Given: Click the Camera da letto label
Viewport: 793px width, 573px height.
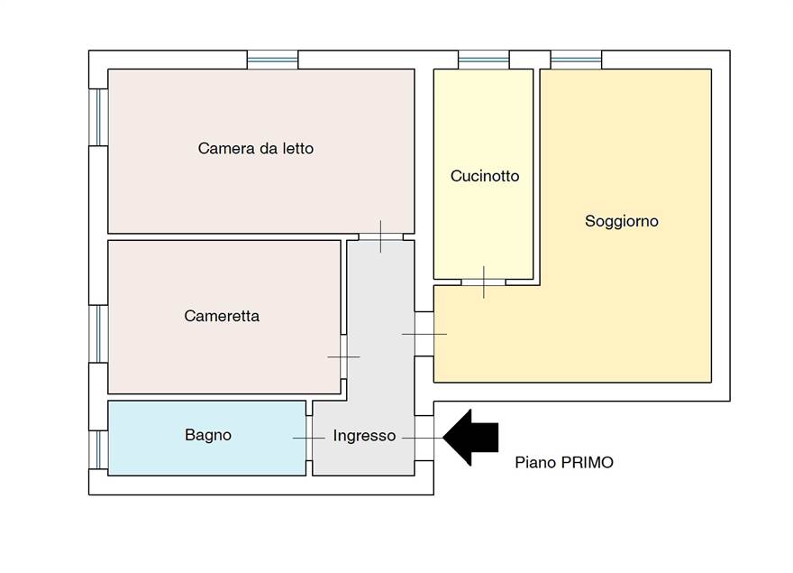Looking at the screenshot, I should point(256,148).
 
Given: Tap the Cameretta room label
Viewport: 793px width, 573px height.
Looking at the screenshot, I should point(222,316).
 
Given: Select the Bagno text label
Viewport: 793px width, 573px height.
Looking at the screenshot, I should point(208,435).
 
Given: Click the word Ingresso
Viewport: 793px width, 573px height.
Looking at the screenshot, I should point(364,436).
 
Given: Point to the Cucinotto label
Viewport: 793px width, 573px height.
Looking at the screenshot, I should point(485,176).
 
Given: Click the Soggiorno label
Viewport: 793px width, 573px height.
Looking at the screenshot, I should point(621,221).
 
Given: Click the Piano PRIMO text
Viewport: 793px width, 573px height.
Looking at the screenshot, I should point(564,462).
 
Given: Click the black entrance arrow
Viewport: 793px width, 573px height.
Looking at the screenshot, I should point(471,438).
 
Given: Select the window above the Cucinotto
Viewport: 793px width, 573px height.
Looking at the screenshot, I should point(484,60).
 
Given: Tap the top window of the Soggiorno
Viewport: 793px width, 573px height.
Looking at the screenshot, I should point(576,60).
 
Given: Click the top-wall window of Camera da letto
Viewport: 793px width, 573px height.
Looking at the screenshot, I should point(272,60).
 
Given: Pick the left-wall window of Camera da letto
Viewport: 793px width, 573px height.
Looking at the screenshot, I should point(98,116).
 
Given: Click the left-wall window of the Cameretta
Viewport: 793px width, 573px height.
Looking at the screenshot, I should point(98,334).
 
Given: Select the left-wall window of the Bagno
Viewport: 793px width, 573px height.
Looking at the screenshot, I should point(98,448).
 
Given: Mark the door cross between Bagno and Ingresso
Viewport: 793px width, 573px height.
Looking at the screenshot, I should point(309,438).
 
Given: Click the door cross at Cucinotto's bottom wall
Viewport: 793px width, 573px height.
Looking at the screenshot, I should point(484,282).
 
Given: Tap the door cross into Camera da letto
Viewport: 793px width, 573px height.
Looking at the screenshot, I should point(380,236).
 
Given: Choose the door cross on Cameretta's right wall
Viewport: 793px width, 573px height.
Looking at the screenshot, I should point(343,356).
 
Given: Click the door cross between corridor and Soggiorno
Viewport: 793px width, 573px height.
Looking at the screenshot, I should point(424,334).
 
